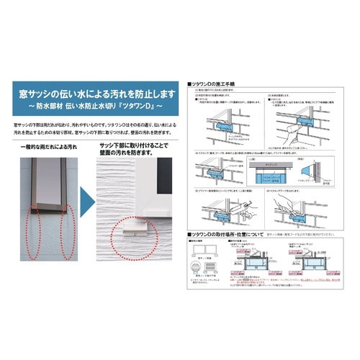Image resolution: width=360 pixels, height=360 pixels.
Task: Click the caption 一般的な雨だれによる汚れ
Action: point(48,147)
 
